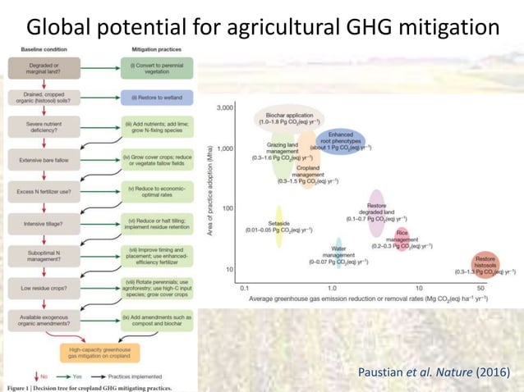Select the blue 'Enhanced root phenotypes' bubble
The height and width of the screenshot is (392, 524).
click(340, 139)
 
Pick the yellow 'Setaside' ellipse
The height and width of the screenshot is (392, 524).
click(278, 226)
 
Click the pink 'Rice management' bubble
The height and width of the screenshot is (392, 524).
click(402, 239)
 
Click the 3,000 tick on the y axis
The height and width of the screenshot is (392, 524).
click(223, 107)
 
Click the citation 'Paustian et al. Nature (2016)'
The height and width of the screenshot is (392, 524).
click(434, 374)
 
